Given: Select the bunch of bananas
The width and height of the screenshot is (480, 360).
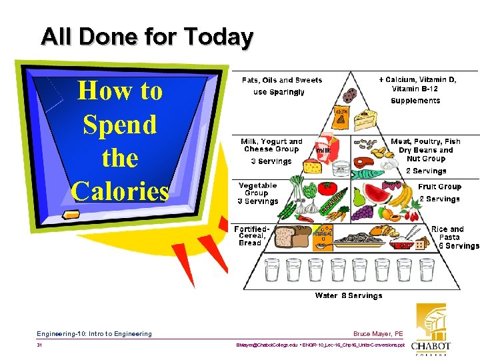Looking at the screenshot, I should click(x=401, y=195).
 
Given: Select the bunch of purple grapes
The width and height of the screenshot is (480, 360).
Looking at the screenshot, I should click(x=363, y=213).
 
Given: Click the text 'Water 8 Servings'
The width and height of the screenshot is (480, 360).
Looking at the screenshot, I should click(x=349, y=295).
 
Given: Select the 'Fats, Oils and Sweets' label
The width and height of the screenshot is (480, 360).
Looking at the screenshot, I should click(x=281, y=80).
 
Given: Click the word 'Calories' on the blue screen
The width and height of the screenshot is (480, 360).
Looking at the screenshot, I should click(x=120, y=191).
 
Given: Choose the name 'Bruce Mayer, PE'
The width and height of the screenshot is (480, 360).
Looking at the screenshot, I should click(x=379, y=333).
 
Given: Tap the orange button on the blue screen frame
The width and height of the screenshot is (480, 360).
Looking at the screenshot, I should click(x=69, y=213).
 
